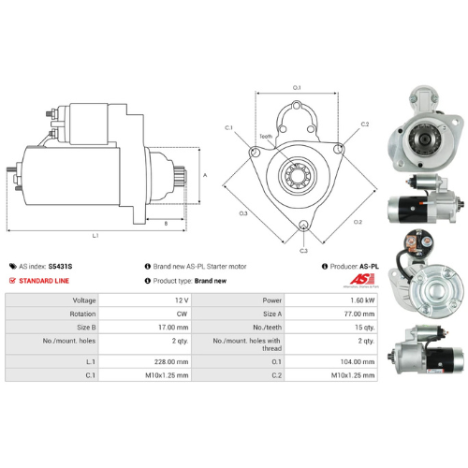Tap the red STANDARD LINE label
click(x=47, y=281)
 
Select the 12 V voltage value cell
click(x=177, y=301)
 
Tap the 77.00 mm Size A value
click(x=357, y=315)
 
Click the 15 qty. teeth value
click(x=362, y=329)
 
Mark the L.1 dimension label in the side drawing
click(x=70, y=234)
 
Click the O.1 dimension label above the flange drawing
click(x=298, y=88)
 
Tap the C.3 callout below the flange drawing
click(x=303, y=251)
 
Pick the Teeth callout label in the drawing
click(x=266, y=138)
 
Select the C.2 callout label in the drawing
click(x=364, y=124)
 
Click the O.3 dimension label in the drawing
click(x=243, y=213)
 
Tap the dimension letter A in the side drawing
click(x=204, y=175)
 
